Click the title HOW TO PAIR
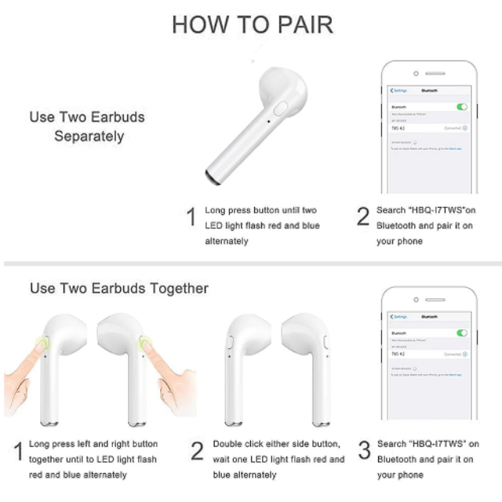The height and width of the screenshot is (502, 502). click(252, 24)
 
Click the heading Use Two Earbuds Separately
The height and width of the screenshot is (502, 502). click(87, 126)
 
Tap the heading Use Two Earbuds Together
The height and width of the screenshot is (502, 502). click(119, 289)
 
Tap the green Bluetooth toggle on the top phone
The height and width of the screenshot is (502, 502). click(462, 106)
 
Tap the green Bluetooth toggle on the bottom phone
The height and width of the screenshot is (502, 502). click(462, 333)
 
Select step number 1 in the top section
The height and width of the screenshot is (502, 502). click(190, 217)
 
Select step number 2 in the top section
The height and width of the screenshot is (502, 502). click(362, 217)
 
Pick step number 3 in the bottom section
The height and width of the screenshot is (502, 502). click(363, 451)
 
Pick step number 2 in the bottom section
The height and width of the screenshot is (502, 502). click(198, 451)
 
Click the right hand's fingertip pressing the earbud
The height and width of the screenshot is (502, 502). click(146, 343)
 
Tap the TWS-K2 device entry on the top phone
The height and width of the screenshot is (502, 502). click(398, 127)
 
